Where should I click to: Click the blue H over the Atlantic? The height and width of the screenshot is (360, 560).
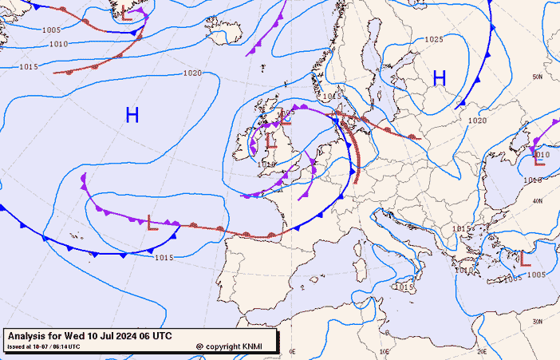click(132, 116)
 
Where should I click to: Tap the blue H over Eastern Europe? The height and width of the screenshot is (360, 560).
click(439, 77)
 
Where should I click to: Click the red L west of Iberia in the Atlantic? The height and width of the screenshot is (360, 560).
click(152, 222)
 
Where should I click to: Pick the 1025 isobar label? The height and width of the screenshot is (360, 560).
click(434, 39)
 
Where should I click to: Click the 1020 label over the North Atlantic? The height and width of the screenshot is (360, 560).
click(192, 73)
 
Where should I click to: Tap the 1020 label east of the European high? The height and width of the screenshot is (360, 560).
click(477, 121)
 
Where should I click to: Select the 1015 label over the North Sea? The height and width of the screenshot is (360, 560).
click(332, 96)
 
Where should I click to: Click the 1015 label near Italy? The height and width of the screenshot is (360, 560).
click(405, 286)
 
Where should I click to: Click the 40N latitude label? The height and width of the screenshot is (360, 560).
click(538, 200)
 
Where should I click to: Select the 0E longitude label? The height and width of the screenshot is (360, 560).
click(293, 350)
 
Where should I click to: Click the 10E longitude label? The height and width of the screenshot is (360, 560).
click(385, 350)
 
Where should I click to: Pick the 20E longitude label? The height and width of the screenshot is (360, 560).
click(481, 350)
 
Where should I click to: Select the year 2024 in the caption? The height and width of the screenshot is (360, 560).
click(126, 335)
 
